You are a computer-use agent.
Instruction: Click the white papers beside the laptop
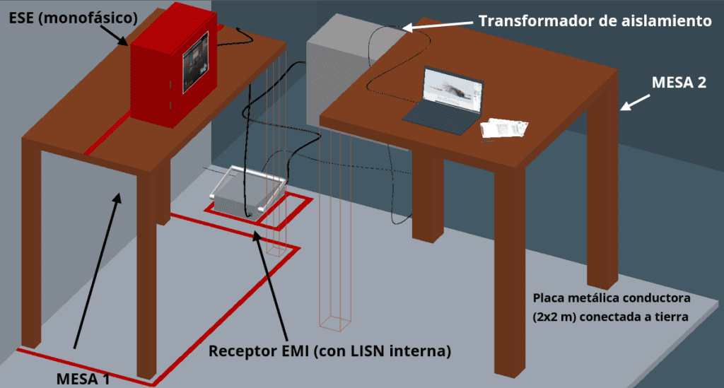click(504, 128)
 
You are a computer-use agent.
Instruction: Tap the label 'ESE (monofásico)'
click(74, 18)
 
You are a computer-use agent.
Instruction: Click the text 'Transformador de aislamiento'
click(595, 20)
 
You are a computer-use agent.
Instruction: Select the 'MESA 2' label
click(679, 82)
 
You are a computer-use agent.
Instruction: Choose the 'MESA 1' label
click(83, 379)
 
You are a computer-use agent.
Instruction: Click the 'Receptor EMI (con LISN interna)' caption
click(329, 351)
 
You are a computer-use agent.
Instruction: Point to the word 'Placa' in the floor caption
click(548, 298)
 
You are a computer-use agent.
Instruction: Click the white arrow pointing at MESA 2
click(636, 102)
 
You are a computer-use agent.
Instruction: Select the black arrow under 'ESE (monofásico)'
click(114, 35)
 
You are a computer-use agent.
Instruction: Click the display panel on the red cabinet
click(195, 63)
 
